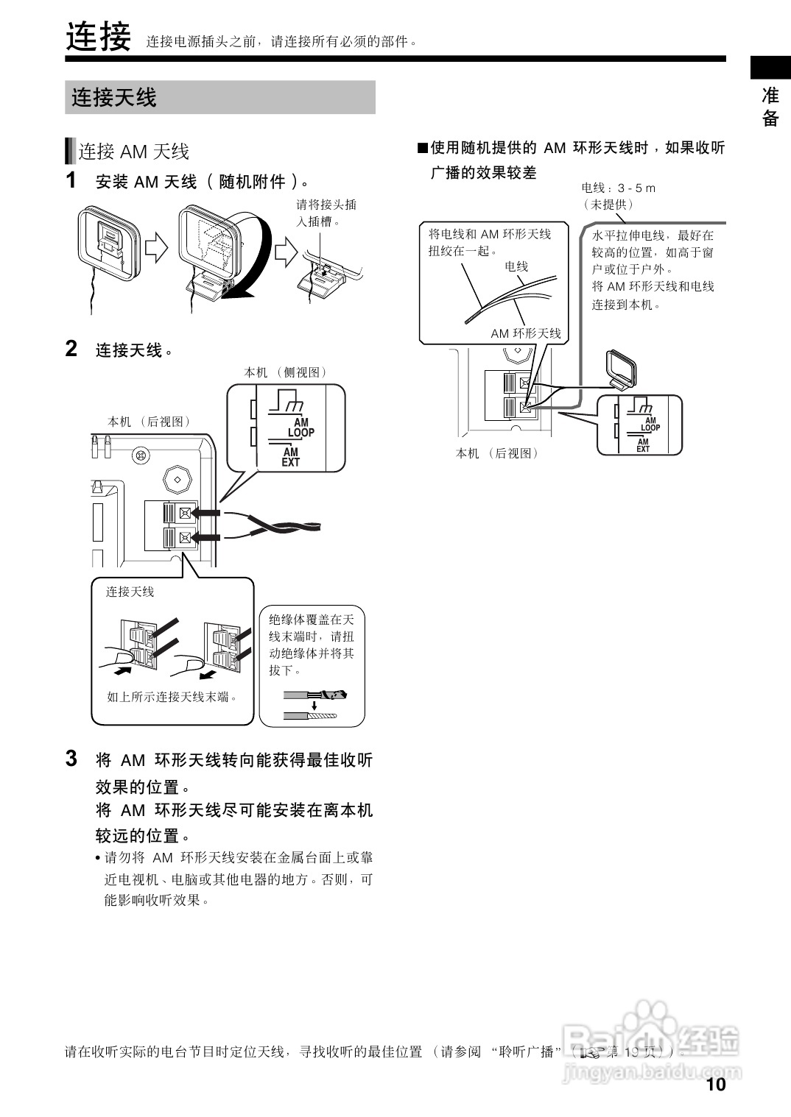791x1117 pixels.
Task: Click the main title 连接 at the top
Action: (x=98, y=37)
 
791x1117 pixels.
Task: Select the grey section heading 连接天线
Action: (x=114, y=97)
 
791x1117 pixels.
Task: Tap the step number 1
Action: (x=71, y=180)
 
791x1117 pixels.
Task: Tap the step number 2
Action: (x=71, y=349)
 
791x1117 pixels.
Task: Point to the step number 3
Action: (x=71, y=759)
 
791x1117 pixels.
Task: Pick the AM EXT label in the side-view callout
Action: (x=291, y=457)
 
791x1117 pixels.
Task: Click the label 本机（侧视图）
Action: (x=286, y=372)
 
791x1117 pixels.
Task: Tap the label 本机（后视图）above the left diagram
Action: (x=150, y=422)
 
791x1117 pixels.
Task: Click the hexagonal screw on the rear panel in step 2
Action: (x=177, y=479)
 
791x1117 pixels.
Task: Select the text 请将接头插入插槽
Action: (x=326, y=213)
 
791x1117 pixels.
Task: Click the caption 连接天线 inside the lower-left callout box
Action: (x=130, y=592)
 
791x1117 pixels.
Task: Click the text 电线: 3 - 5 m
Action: (x=618, y=188)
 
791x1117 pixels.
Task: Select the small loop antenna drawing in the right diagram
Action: (x=619, y=369)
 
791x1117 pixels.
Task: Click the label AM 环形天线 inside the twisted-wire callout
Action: (x=526, y=333)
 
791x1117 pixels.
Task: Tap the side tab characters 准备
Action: (x=770, y=107)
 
